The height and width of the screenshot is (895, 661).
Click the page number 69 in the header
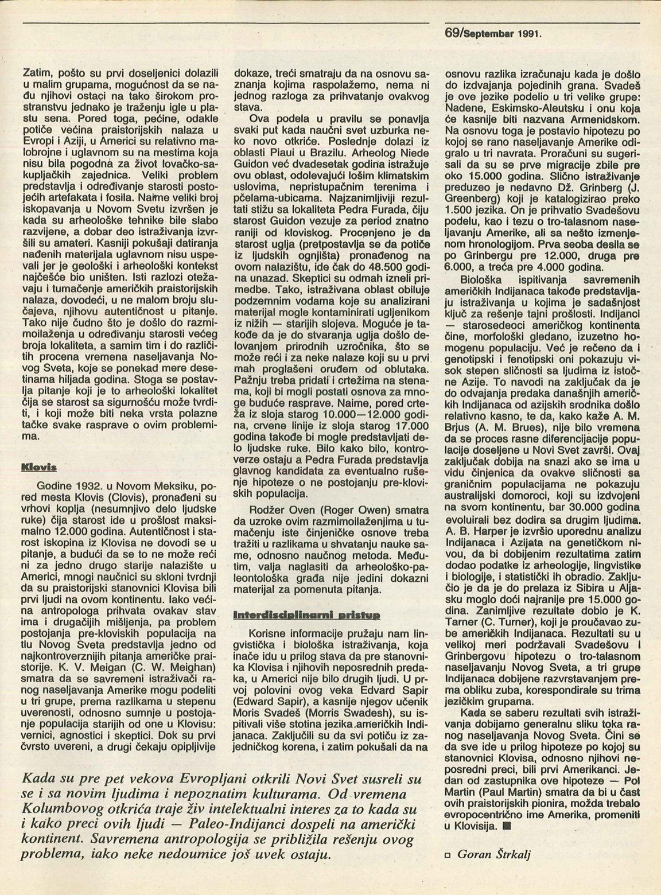[x=452, y=34]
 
